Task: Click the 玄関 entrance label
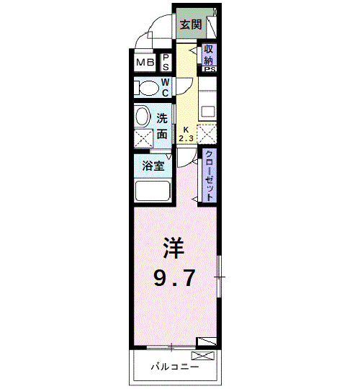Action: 189,24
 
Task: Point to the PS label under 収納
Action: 210,70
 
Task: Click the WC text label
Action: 165,87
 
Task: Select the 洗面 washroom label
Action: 163,125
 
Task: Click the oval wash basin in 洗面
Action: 142,116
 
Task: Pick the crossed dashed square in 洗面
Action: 143,138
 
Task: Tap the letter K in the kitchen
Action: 186,130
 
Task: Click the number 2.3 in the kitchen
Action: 186,138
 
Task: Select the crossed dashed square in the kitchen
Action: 207,134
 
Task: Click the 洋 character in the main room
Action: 173,249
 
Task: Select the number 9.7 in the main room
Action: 173,278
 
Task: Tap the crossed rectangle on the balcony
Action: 202,356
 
